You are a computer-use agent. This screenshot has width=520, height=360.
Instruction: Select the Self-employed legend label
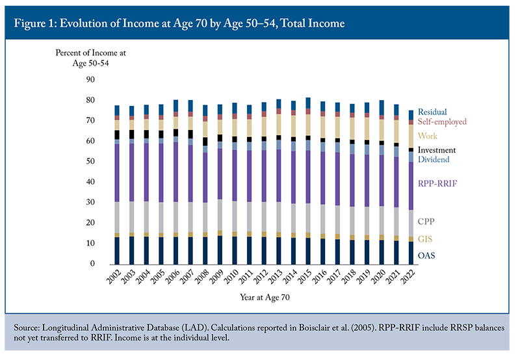[x=442, y=122]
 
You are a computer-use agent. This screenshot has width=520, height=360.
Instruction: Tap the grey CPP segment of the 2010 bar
[x=234, y=217]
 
